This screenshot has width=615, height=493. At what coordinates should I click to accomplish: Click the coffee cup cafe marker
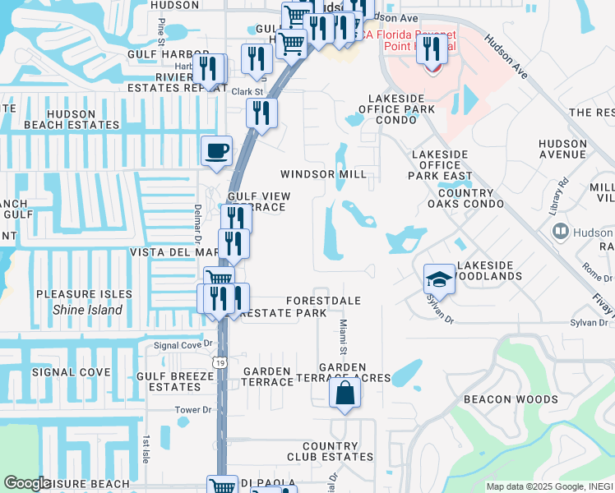217,151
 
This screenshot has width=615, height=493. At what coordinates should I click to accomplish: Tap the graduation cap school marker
439,279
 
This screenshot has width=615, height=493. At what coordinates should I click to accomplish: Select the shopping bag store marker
344,393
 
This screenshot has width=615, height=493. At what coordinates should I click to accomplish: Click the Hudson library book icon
560,233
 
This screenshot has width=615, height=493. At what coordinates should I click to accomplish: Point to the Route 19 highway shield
219,362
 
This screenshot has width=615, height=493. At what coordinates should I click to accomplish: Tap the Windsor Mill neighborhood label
323,174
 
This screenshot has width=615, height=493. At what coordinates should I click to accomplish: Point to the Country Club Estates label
330,451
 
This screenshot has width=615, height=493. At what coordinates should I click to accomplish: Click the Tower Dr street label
193,409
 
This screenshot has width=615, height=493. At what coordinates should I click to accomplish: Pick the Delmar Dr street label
198,225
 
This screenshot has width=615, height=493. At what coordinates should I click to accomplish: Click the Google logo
27,483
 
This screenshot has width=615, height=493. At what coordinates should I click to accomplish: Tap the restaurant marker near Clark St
262,113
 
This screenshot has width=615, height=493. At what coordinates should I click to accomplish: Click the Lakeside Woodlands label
489,270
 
